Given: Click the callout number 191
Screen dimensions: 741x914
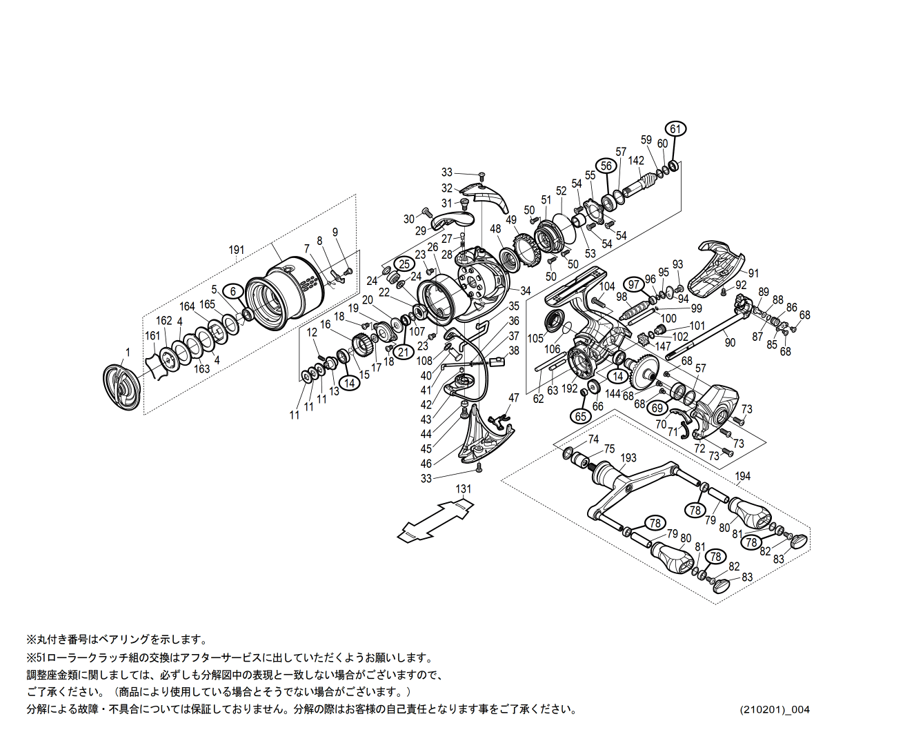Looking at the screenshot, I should point(237,250).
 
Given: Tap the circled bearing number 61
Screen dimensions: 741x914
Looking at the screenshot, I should point(675,129).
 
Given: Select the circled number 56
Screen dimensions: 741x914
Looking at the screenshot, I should point(606,166).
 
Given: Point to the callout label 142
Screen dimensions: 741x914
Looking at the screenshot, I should point(636,161).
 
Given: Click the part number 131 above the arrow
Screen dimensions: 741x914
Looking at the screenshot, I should point(464,488).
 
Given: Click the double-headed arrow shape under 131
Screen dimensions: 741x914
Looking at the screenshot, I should point(436,520).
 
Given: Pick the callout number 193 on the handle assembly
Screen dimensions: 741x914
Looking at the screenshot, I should point(628,458).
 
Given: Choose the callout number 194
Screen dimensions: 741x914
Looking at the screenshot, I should point(742,476).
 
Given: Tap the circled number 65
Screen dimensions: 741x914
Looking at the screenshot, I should point(581,416).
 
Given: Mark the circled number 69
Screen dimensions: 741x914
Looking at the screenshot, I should point(657,408).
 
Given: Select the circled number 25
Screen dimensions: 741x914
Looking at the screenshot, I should point(404,264).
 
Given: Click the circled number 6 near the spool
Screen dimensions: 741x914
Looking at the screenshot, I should point(233,291).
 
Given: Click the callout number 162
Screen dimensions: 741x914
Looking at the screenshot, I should point(163,321).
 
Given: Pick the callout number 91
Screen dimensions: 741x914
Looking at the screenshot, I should point(753,273).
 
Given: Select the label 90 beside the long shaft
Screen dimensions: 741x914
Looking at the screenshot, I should point(730,342).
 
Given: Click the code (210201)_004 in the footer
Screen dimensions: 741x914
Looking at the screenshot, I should point(775,709).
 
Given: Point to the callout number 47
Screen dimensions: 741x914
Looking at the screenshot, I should point(513,398).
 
